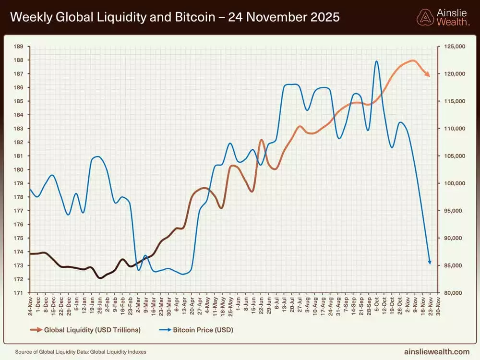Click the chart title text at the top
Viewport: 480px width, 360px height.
click(175, 17)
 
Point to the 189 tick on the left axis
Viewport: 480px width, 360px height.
click(19, 47)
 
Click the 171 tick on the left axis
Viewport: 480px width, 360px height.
click(19, 293)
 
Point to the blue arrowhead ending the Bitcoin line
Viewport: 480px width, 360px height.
click(430, 262)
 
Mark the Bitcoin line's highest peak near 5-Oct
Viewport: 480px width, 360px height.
click(376, 61)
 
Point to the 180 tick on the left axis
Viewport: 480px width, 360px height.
click(19, 169)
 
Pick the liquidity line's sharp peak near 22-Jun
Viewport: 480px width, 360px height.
click(262, 140)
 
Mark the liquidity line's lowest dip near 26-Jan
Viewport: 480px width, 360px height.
click(100, 278)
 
